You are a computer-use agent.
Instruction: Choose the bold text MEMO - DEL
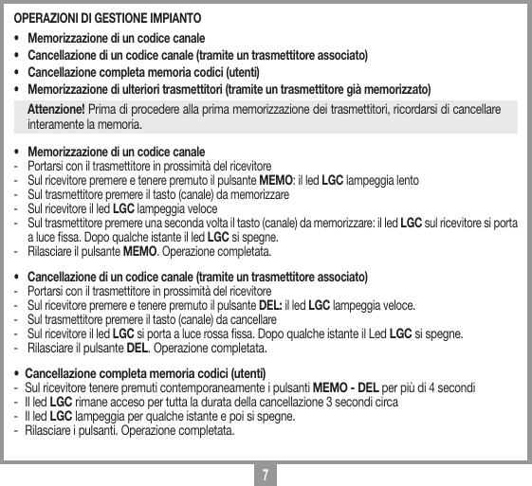tap(346, 388)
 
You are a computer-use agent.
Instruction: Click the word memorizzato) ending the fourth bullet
tap(378, 89)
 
